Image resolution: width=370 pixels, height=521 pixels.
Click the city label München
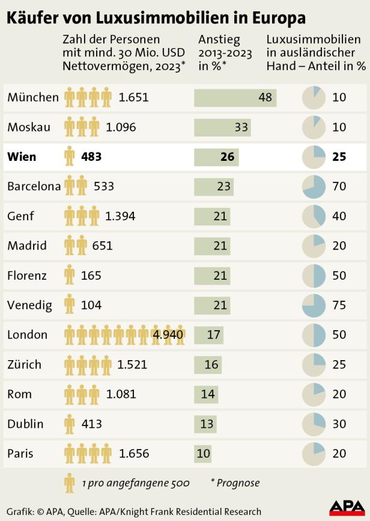tap(33, 97)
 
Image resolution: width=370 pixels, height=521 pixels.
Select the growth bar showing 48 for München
tap(235, 97)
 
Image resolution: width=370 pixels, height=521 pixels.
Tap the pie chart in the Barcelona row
tap(313, 187)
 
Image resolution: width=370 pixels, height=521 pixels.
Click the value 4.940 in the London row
tap(168, 334)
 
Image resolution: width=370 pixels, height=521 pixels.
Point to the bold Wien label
tap(22, 157)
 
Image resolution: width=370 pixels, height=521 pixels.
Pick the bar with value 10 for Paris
tap(202, 453)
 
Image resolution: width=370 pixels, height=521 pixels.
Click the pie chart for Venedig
tap(313, 305)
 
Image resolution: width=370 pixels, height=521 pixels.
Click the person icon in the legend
tap(70, 483)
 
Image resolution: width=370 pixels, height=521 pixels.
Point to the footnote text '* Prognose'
tap(235, 483)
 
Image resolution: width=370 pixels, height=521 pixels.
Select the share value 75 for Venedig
tap(339, 305)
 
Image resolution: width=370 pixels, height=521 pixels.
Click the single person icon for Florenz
tap(70, 276)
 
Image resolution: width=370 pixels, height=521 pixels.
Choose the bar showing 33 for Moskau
tap(222, 127)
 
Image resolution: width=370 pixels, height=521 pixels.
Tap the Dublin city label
tap(25, 424)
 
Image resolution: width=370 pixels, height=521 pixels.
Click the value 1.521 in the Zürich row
tap(132, 364)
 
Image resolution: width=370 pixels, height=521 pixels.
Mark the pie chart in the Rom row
tap(313, 394)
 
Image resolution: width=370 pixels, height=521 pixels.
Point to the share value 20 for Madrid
tap(339, 245)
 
